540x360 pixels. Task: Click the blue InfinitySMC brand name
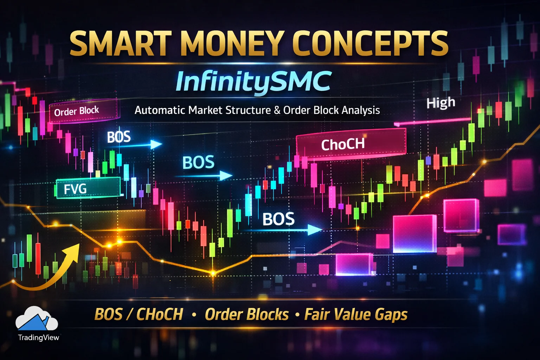click(253, 82)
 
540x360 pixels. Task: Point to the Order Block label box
click(84, 111)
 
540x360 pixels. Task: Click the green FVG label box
click(88, 188)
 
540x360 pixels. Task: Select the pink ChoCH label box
click(351, 143)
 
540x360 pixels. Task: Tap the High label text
click(441, 103)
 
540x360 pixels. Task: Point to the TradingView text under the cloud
click(39, 337)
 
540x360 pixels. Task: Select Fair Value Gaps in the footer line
click(356, 314)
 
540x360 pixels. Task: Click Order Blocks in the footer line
click(247, 314)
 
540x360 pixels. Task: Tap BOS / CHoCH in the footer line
click(139, 314)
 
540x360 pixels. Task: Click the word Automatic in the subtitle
click(160, 110)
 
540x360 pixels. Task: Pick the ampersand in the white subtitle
click(277, 110)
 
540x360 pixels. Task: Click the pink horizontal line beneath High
click(432, 122)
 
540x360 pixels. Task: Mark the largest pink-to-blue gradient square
click(414, 234)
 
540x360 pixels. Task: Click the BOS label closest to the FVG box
click(119, 137)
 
